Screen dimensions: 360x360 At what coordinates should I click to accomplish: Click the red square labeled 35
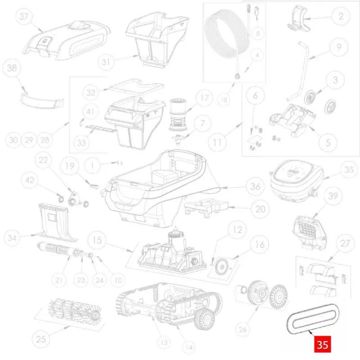(x=323, y=344)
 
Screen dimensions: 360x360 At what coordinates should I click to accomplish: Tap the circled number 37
(x=24, y=16)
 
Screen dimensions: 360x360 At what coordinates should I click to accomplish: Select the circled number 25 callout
(x=41, y=339)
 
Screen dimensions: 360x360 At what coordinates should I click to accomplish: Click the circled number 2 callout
(x=341, y=16)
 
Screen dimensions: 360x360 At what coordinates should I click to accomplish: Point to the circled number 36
(x=255, y=186)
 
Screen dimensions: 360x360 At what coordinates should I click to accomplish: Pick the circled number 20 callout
(x=261, y=209)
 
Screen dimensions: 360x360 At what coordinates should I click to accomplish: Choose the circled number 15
(x=97, y=240)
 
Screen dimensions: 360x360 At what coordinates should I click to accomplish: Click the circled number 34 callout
(x=12, y=238)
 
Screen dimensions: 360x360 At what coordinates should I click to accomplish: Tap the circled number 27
(x=345, y=243)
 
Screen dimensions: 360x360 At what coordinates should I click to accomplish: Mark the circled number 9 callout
(x=339, y=47)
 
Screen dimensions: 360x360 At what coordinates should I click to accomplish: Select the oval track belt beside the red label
(x=313, y=319)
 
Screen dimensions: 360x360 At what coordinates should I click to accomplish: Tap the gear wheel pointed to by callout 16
(x=221, y=266)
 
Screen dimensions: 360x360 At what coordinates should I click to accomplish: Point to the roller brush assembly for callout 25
(x=75, y=310)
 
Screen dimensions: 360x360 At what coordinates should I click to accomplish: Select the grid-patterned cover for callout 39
(x=310, y=232)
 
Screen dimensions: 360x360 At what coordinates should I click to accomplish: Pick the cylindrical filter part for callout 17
(x=178, y=114)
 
